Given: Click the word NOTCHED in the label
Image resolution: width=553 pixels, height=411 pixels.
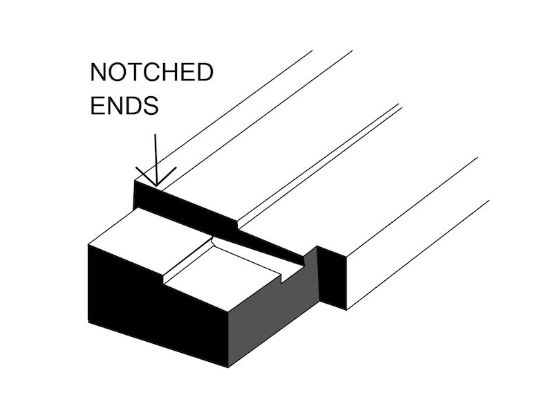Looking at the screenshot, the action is (x=152, y=73).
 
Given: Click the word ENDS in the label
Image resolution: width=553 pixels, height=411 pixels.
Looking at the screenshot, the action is (x=126, y=107).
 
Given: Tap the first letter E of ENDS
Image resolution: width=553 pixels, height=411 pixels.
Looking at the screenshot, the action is (x=99, y=107).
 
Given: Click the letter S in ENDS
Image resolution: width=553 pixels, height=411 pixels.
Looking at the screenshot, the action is (x=153, y=107).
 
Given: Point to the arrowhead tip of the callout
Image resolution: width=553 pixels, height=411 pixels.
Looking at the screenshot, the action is (x=157, y=185).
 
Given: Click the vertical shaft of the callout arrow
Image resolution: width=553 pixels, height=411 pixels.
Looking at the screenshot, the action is (x=156, y=156).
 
